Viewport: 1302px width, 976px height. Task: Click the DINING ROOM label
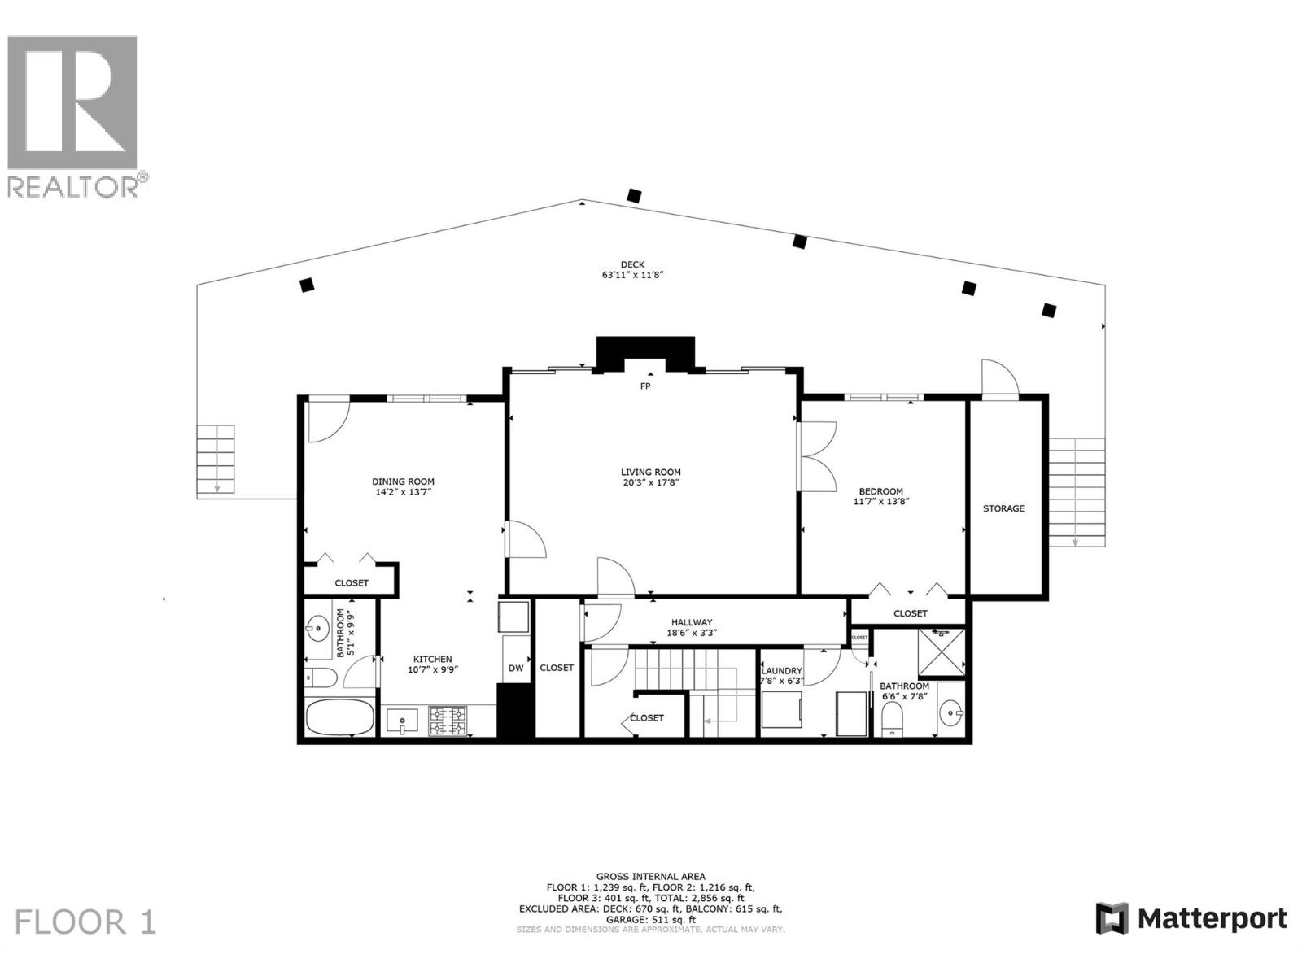tap(403, 481)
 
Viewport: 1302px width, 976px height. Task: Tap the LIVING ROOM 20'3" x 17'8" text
tap(650, 477)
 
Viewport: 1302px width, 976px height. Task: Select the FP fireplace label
tap(645, 386)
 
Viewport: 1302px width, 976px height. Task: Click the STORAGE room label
tap(1003, 508)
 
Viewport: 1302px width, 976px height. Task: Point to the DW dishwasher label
tap(516, 669)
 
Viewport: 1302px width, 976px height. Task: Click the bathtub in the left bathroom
tap(339, 717)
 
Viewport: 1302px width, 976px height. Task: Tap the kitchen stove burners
tap(448, 721)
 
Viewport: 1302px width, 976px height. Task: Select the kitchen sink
tap(402, 721)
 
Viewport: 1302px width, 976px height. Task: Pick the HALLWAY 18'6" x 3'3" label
tap(692, 627)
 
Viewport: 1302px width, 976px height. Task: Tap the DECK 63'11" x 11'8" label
tap(632, 269)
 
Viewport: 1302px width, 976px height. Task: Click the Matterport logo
tap(1191, 919)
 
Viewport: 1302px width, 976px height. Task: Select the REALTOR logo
tap(75, 114)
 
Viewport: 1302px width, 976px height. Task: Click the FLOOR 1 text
tap(85, 922)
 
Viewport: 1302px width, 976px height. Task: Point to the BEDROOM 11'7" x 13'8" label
tap(880, 496)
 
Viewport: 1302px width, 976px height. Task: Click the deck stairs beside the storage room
tap(1076, 492)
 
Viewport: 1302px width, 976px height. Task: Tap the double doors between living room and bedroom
tap(817, 455)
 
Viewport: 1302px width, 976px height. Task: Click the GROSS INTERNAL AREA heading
tap(650, 877)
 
